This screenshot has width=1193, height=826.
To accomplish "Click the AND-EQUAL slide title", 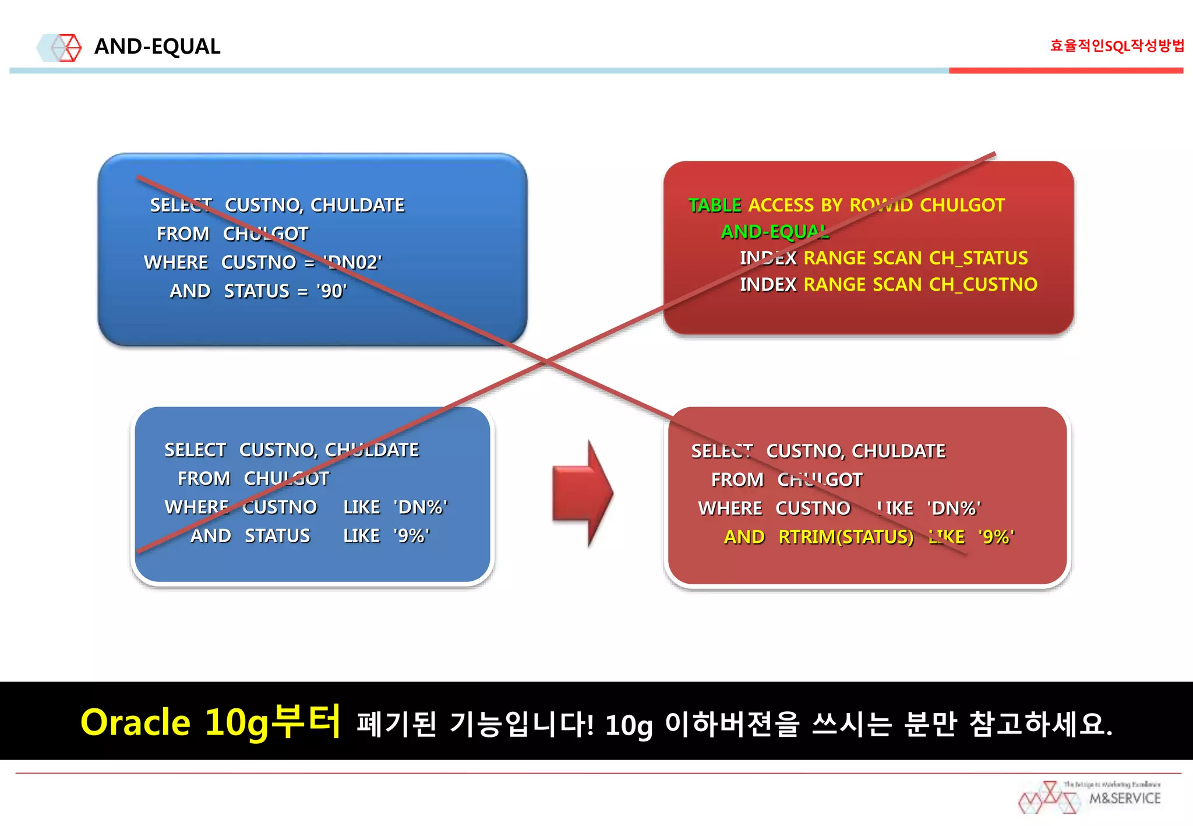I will (x=157, y=47).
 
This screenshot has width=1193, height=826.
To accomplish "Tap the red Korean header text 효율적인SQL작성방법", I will (x=1116, y=45).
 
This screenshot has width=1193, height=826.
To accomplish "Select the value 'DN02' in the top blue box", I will (x=353, y=263).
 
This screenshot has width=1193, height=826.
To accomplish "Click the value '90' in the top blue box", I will (x=331, y=291).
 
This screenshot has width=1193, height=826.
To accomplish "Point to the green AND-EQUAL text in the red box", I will (x=775, y=232).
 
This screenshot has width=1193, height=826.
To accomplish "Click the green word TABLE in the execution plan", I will (x=714, y=205).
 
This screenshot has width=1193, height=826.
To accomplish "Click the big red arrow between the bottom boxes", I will (x=583, y=493).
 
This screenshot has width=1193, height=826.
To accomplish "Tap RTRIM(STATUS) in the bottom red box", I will (x=846, y=537).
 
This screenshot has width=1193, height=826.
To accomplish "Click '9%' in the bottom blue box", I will (x=411, y=536).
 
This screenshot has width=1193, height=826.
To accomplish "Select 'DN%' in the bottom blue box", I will (x=421, y=507).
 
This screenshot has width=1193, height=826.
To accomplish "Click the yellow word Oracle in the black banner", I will (x=135, y=723).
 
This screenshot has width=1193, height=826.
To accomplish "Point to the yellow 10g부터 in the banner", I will (x=272, y=722).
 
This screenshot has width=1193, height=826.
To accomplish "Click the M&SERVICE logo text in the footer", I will (x=1124, y=799).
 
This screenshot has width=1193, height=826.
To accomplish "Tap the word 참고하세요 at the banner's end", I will (x=1041, y=724).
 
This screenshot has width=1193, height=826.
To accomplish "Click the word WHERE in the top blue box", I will (x=176, y=263).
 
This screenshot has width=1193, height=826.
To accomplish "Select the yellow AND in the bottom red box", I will (x=744, y=537).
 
